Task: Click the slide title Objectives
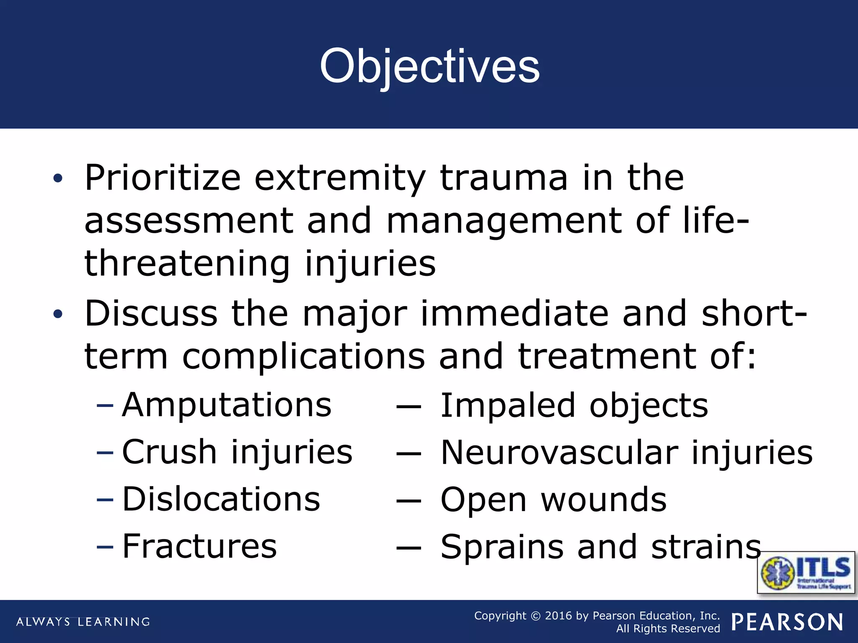429,66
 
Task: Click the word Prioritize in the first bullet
163,177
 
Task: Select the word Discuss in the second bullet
151,314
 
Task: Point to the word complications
303,356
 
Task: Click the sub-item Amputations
227,405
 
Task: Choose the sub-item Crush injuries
237,452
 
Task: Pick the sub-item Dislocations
221,499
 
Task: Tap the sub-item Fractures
199,546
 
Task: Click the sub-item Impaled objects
574,405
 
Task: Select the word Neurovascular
559,453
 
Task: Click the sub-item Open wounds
553,500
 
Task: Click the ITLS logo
806,572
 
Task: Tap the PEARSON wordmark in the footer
787,622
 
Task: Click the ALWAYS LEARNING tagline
83,622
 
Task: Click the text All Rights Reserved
668,628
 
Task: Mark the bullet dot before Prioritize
58,178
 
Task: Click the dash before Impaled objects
408,406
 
